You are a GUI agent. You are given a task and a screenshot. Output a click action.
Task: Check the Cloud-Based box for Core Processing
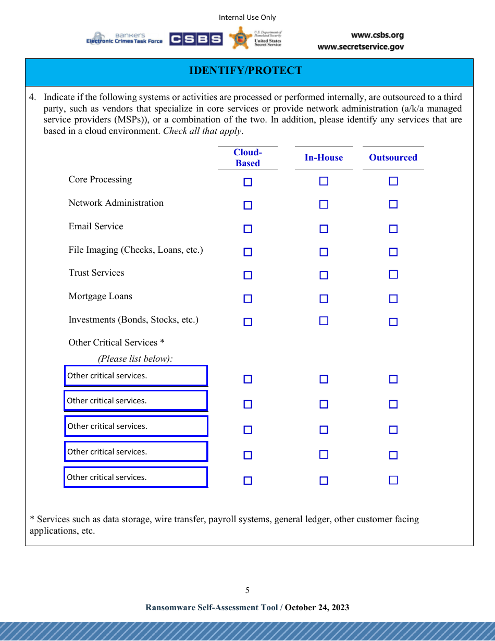(x=248, y=182)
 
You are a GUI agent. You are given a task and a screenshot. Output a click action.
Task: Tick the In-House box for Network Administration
(x=324, y=204)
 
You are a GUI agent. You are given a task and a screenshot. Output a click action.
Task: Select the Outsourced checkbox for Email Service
(x=393, y=229)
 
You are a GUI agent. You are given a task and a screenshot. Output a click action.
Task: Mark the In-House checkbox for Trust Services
(x=324, y=275)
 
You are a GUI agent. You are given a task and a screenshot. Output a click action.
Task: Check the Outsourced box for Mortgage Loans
(x=393, y=299)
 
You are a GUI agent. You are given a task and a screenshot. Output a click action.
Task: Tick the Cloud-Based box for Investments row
(x=248, y=322)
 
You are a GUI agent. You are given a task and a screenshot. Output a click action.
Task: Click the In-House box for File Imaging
(x=324, y=252)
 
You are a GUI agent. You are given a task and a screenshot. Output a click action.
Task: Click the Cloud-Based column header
(x=247, y=158)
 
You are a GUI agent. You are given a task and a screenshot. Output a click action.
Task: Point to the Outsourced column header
(x=393, y=158)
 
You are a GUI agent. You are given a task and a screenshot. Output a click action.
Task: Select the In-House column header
(x=324, y=158)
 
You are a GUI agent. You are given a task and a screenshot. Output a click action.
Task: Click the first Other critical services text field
(x=136, y=376)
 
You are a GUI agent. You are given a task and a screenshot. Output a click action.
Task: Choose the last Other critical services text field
(x=136, y=477)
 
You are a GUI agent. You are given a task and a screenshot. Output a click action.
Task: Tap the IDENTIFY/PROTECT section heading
(x=245, y=71)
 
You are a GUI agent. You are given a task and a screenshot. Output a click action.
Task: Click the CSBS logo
(x=196, y=39)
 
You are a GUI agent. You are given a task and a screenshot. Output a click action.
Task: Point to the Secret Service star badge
(x=240, y=38)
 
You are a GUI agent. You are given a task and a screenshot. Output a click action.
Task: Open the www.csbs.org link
(x=377, y=35)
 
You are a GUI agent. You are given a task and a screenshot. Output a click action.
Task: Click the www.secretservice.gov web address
(x=361, y=47)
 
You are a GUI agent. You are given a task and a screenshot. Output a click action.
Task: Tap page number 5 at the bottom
(x=247, y=590)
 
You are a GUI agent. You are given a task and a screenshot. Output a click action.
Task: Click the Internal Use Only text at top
(x=247, y=18)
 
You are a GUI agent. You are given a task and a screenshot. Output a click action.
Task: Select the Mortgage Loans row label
(x=101, y=297)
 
